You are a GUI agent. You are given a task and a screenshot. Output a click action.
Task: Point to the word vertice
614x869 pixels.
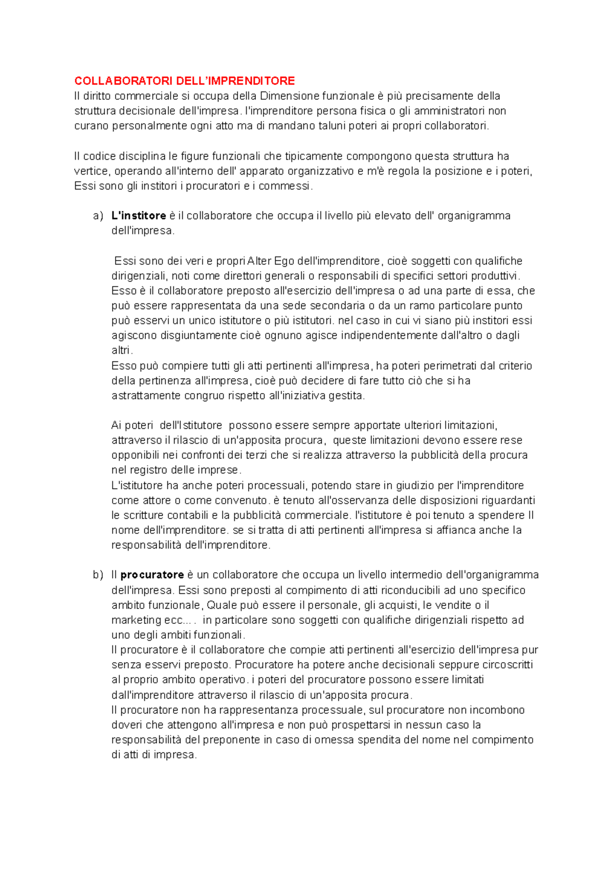92,171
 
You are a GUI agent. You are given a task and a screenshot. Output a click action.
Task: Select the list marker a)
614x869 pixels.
98,216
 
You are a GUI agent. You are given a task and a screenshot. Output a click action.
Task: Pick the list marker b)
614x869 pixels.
98,575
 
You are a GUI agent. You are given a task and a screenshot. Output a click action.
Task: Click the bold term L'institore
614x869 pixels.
139,216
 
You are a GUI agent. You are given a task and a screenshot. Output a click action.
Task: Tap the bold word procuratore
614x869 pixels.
152,575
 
